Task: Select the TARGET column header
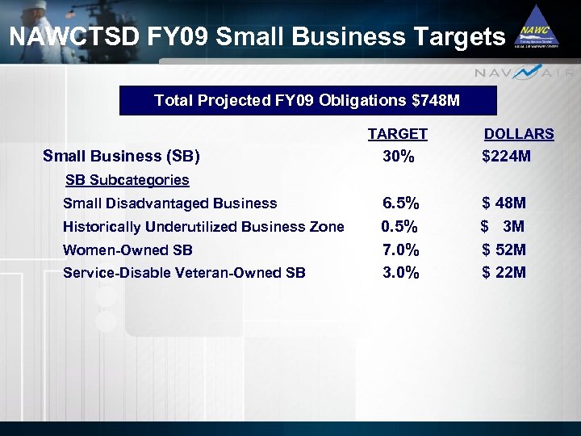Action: (x=397, y=134)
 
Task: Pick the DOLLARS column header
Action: (x=518, y=134)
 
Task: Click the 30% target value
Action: (x=399, y=157)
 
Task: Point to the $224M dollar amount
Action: (x=506, y=157)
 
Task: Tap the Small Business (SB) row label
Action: (x=121, y=156)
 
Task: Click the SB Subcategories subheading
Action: (x=127, y=180)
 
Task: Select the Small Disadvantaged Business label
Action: (x=169, y=203)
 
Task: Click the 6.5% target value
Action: (x=400, y=203)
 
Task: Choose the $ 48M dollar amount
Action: (x=504, y=203)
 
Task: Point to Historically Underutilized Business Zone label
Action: (x=203, y=227)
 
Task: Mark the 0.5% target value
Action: (x=399, y=227)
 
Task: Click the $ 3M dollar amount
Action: (x=503, y=227)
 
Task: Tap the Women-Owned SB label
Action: (x=127, y=250)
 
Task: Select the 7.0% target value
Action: (x=400, y=250)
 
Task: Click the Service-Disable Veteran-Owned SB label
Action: (x=184, y=273)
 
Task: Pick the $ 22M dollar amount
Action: (x=504, y=273)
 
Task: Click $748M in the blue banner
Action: (x=436, y=101)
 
